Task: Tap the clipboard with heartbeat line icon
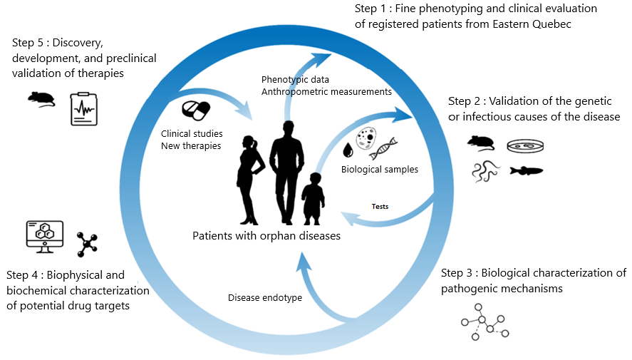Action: click(83, 108)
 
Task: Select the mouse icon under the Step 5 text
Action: click(41, 99)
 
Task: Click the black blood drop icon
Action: click(348, 150)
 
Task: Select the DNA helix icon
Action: click(383, 148)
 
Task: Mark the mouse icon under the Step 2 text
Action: click(480, 143)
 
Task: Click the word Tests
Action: click(380, 207)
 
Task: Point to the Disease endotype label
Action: click(264, 297)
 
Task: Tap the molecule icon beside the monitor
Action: click(88, 243)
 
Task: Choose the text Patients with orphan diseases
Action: click(266, 236)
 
